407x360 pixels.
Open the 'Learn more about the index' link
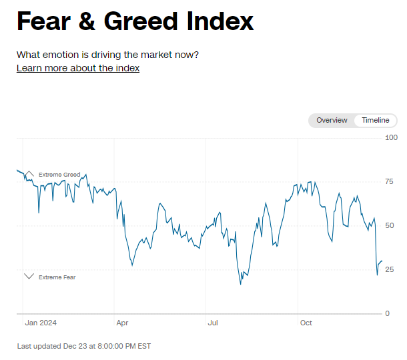78,68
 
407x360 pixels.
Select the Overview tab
332,120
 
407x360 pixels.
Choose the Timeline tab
376,120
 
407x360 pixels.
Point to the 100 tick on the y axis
392,137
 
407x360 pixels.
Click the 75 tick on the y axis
390,181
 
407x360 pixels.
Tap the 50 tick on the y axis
390,225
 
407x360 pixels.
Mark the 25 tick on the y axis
390,269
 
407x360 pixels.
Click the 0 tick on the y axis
388,313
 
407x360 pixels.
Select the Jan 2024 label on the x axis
41,323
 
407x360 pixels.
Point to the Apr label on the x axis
123,323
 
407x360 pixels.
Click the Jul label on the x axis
214,323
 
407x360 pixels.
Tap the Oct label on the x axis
306,323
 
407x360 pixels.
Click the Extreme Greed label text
59,175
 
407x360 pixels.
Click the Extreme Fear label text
57,277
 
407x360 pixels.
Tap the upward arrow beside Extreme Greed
29,175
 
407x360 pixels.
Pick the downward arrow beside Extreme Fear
29,277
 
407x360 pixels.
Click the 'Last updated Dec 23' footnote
84,346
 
